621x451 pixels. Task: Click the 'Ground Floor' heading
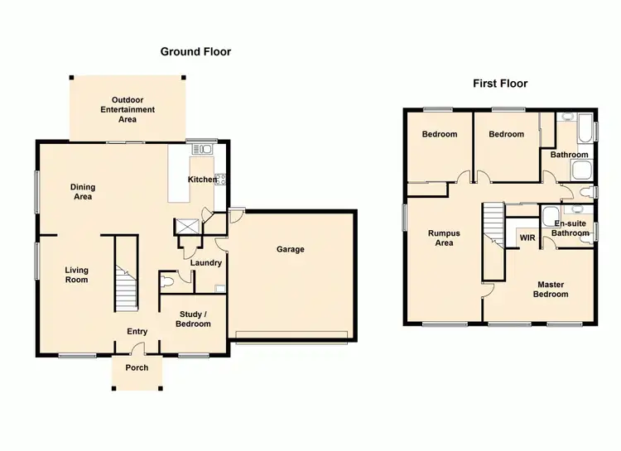click(195, 51)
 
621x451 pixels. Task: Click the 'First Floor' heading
click(500, 84)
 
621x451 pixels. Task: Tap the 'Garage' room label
click(291, 249)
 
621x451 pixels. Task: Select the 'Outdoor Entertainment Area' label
click(128, 109)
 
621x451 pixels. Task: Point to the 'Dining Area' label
click(82, 192)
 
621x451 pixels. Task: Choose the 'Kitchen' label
click(201, 180)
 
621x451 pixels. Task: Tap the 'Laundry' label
click(205, 263)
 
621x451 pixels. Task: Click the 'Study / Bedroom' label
click(193, 319)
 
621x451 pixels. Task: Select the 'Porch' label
click(137, 367)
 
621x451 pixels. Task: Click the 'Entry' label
click(137, 333)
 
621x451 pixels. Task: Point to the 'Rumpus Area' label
click(444, 238)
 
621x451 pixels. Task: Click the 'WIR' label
click(527, 239)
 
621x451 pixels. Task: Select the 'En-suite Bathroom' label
click(570, 228)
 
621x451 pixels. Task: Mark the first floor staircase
click(494, 232)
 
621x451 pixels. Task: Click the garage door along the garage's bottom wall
click(291, 335)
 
